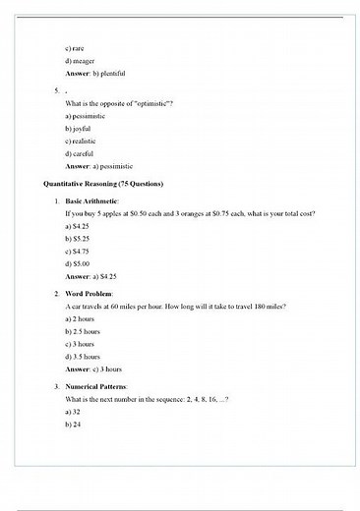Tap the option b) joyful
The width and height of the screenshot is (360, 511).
(x=76, y=128)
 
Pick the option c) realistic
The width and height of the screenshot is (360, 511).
(x=79, y=141)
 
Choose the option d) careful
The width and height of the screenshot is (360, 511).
(x=78, y=153)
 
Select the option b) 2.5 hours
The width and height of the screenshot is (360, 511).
(x=82, y=332)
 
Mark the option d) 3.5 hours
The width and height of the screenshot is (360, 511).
(x=82, y=358)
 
